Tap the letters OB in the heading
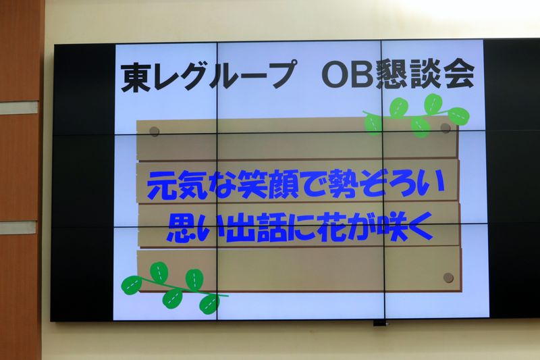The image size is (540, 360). [x=347, y=74]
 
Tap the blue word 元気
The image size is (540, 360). [x=178, y=185]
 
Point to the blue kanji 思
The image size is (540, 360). [x=181, y=229]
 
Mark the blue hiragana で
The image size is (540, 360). [x=312, y=185]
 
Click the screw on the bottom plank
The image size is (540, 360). [x=448, y=278]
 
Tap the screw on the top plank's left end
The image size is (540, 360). [x=154, y=131]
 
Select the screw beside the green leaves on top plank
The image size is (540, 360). [x=446, y=128]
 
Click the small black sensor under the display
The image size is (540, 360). [x=379, y=323]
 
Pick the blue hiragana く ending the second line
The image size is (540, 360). [x=420, y=226]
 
